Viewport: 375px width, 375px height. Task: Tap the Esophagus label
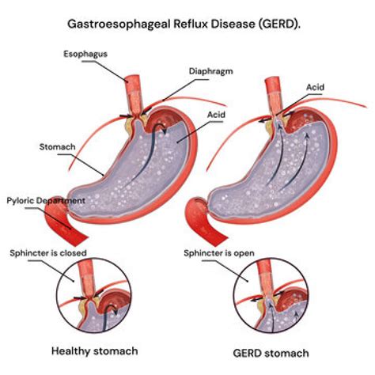pos(85,54)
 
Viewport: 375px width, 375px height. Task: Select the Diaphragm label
pos(211,71)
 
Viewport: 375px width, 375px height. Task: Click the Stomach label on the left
pos(57,146)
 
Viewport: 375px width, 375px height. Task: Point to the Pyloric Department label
pos(46,201)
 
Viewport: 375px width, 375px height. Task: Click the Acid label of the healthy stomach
pos(216,115)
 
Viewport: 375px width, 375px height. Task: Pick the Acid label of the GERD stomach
pos(315,87)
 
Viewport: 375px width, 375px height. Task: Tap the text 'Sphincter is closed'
pos(48,253)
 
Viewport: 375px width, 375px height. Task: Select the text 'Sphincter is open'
pos(219,253)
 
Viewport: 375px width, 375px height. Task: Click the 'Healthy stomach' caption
pos(95,351)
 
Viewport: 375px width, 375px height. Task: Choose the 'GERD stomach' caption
pos(271,353)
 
